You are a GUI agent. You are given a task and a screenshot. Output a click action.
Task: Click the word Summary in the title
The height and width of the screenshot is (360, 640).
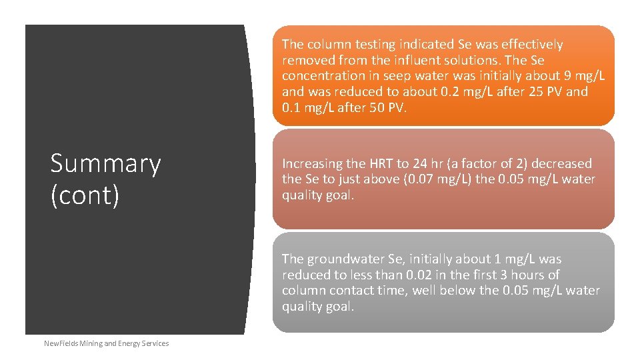coord(105,164)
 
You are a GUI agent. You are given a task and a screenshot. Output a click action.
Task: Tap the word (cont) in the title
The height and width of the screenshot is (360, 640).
coord(85,195)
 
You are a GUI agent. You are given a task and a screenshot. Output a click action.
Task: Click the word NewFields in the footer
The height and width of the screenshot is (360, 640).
coord(60,343)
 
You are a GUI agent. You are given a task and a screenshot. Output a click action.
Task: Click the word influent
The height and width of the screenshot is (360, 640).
coord(421,60)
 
